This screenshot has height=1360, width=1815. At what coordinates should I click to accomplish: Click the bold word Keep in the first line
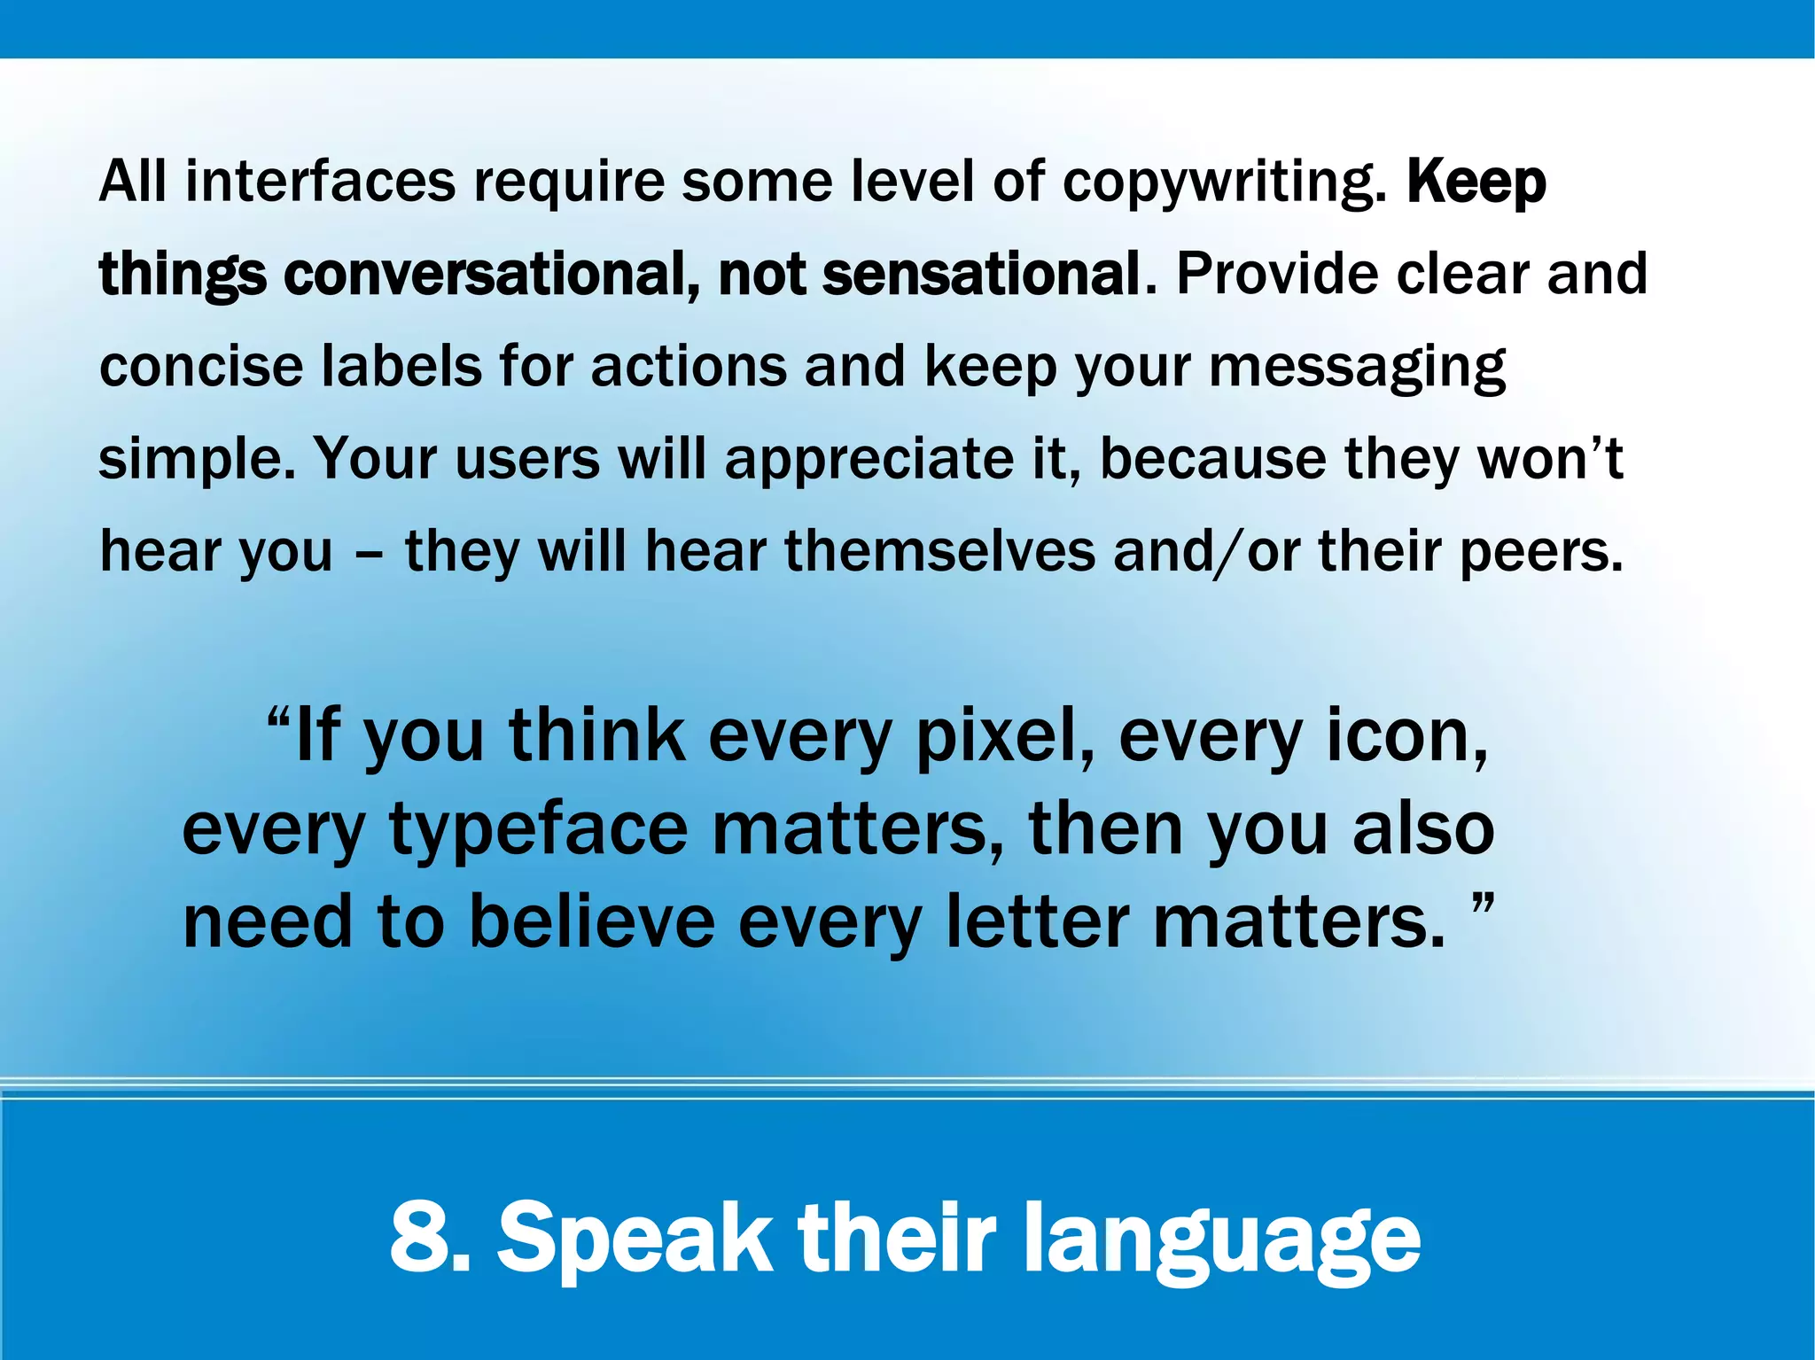tap(1476, 182)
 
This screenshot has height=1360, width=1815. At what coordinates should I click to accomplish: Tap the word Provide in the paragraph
tap(1277, 274)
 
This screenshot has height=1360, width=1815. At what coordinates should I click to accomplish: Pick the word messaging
tap(1357, 368)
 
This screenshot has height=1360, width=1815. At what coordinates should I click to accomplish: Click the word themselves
tap(940, 551)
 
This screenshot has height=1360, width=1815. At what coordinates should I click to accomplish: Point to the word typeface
tap(538, 830)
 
